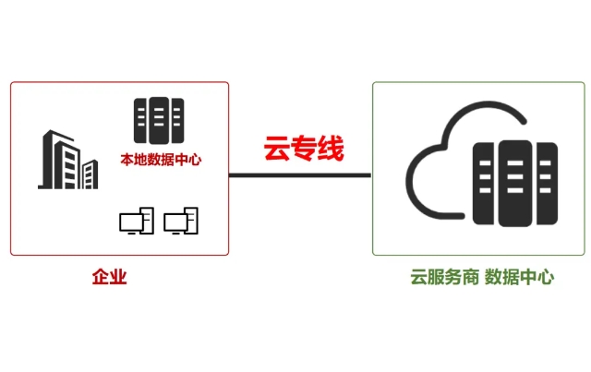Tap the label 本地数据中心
pyautogui.click(x=161, y=160)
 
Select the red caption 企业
pyautogui.click(x=109, y=277)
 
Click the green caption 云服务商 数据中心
pyautogui.click(x=482, y=277)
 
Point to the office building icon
pyautogui.click(x=67, y=161)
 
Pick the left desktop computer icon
pyautogui.click(x=136, y=221)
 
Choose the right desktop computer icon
pyautogui.click(x=181, y=221)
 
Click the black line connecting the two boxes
pyautogui.click(x=300, y=174)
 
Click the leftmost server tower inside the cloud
pyautogui.click(x=485, y=184)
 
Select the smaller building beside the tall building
pyautogui.click(x=90, y=174)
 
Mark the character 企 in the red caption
pyautogui.click(x=100, y=277)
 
